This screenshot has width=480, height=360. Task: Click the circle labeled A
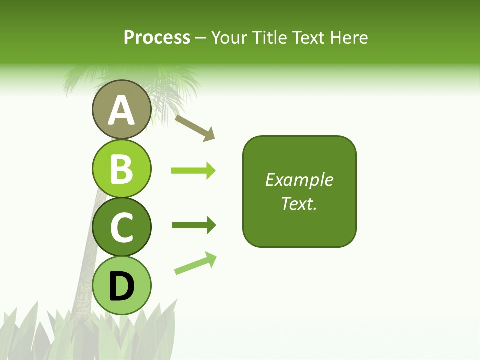[121, 109]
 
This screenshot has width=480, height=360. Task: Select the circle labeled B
[121, 168]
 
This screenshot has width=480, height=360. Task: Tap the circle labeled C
[121, 227]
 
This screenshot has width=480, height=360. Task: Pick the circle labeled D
[121, 285]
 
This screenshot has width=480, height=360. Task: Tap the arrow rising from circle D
[195, 263]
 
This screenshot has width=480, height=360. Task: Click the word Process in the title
[157, 37]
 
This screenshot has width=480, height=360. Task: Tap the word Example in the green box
[299, 180]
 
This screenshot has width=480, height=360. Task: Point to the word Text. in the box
[299, 203]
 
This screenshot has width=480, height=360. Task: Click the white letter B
[121, 169]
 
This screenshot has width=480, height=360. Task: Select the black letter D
[121, 286]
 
